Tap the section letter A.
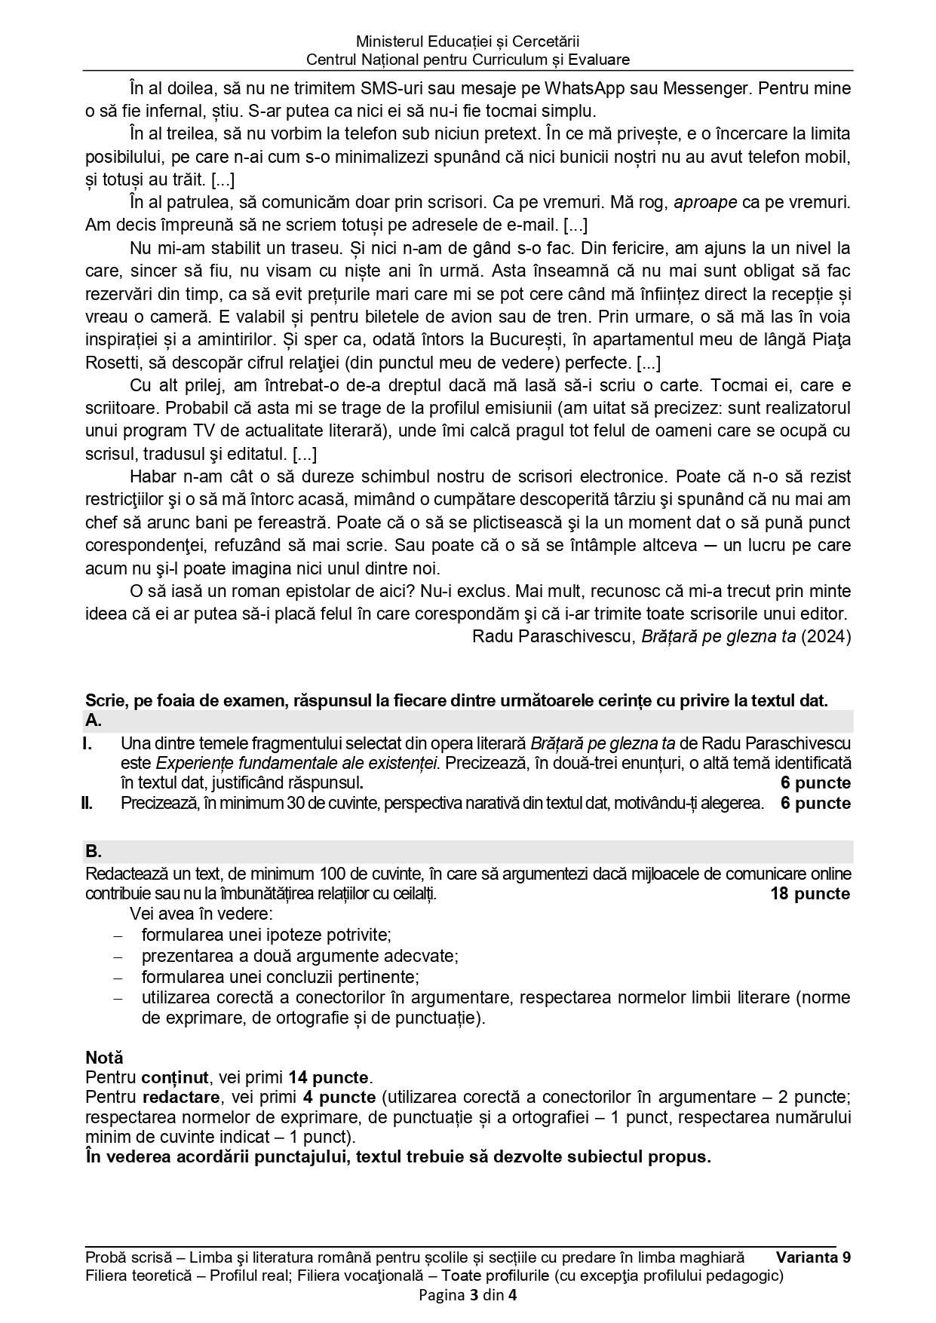[x=94, y=721]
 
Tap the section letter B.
[x=94, y=852]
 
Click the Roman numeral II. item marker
[x=87, y=803]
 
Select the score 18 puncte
[x=809, y=894]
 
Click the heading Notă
[x=104, y=1058]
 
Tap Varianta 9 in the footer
[x=813, y=1257]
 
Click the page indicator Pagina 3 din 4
[x=468, y=1296]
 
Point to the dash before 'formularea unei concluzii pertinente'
[x=117, y=978]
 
